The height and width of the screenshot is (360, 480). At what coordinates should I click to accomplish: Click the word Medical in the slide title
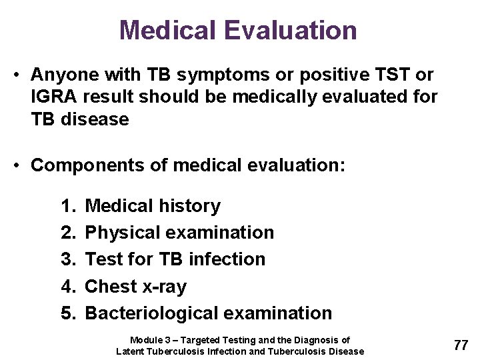click(x=169, y=31)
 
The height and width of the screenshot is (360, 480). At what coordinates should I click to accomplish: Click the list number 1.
click(x=67, y=206)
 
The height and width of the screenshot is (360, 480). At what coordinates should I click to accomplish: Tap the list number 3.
click(x=67, y=259)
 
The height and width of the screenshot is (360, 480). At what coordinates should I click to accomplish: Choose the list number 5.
click(x=67, y=313)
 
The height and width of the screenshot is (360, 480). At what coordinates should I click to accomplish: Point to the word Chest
click(x=111, y=287)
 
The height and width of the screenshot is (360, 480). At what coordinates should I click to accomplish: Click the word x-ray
click(x=164, y=287)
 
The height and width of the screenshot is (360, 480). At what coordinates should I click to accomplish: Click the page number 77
click(x=461, y=345)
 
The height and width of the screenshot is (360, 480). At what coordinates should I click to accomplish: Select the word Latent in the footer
click(x=130, y=351)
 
